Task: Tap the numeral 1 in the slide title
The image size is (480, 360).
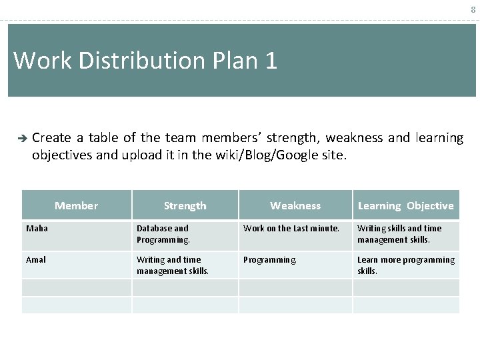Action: point(271,61)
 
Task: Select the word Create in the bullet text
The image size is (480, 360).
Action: point(51,138)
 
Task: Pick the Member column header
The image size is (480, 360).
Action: point(76,205)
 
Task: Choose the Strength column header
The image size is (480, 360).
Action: point(185,206)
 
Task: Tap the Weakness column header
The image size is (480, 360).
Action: point(295,206)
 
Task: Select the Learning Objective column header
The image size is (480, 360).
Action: point(405,206)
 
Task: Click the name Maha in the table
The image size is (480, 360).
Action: point(37,228)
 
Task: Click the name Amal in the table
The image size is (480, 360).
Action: point(36,259)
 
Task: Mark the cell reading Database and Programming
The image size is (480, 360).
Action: point(163,234)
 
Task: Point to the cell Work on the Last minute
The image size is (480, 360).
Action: point(291,228)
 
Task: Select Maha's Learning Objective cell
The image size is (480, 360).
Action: point(399,234)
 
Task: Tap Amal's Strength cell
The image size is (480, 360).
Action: point(173,265)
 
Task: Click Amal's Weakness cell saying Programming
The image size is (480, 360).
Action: point(270,259)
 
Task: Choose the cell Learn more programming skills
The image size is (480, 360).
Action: point(405,265)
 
